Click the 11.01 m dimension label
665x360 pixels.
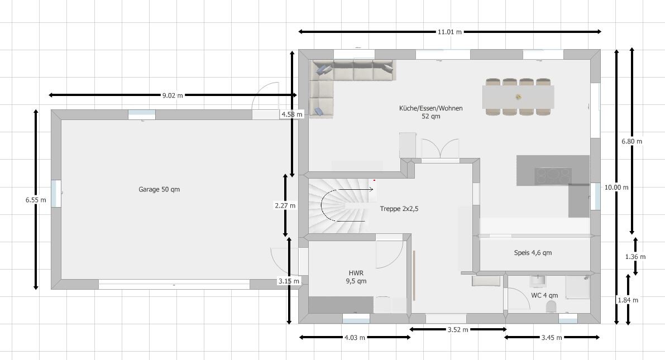(x=449, y=32)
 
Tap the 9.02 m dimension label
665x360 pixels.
(x=173, y=95)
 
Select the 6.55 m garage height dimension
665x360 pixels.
(x=36, y=199)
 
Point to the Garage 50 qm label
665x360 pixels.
(x=159, y=190)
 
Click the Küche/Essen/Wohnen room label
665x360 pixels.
(x=430, y=112)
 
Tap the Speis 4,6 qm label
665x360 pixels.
(x=533, y=253)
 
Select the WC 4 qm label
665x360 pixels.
(x=544, y=295)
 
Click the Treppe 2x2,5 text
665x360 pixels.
(x=399, y=209)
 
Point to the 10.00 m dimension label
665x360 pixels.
(x=616, y=188)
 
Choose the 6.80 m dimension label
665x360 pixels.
(x=631, y=141)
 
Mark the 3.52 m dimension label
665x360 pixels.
(x=458, y=330)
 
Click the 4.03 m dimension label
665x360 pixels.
(x=355, y=338)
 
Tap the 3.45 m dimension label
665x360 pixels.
(x=552, y=338)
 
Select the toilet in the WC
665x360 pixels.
(x=552, y=306)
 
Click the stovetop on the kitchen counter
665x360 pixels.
(x=553, y=176)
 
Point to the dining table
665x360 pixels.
(x=519, y=97)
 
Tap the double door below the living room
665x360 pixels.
(x=439, y=151)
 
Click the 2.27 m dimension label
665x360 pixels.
(x=285, y=205)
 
